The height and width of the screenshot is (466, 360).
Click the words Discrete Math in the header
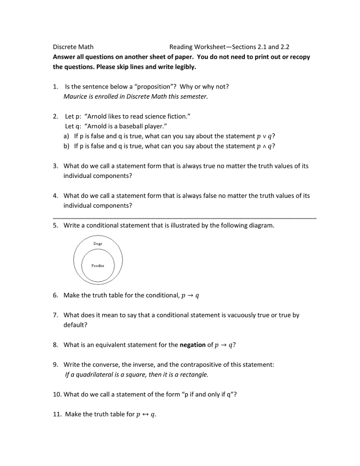73,47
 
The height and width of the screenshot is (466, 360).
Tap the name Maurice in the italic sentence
76,96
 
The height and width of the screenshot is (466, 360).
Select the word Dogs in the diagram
98,244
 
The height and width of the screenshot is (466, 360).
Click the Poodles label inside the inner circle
98,266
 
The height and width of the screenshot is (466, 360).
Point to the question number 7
55,315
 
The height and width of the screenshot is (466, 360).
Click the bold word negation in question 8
193,345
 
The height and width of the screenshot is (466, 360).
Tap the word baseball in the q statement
132,126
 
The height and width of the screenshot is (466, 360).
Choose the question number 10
56,395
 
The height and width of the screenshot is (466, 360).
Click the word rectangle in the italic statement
195,375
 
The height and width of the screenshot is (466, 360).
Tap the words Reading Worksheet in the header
200,47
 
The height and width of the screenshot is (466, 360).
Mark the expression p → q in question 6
190,296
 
